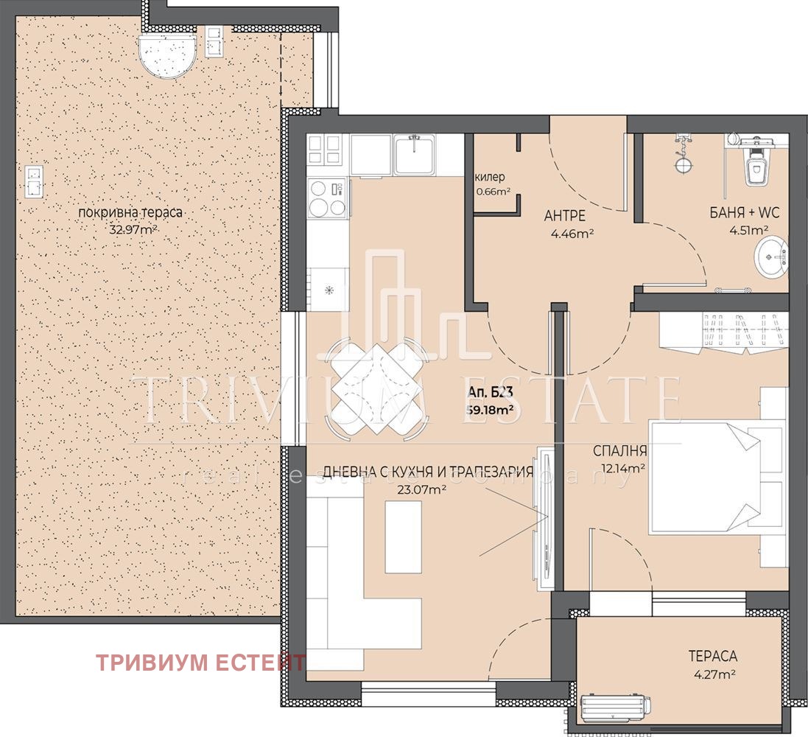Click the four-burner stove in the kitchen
click(x=327, y=198)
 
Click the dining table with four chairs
click(x=376, y=386)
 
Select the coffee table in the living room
click(x=403, y=536)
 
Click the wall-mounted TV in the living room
click(x=546, y=517)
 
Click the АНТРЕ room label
click(x=565, y=216)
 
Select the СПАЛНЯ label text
click(x=619, y=451)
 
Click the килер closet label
click(x=490, y=178)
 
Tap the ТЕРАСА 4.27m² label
click(x=712, y=663)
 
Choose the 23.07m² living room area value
click(x=417, y=488)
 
